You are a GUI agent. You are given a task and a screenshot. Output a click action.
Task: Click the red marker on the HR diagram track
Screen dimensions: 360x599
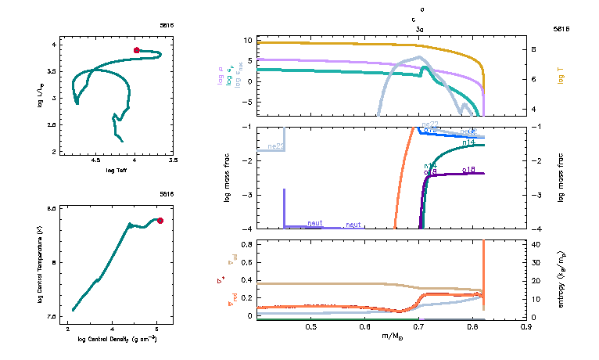(x=137, y=50)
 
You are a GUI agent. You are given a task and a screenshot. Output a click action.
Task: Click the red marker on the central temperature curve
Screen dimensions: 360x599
(x=160, y=221)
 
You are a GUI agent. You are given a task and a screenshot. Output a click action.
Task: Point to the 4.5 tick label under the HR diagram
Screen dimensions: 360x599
(x=96, y=160)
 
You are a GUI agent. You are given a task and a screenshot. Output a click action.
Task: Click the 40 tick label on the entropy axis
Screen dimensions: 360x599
(x=538, y=244)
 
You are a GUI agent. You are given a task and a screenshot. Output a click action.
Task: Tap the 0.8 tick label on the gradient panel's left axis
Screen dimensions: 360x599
(x=246, y=244)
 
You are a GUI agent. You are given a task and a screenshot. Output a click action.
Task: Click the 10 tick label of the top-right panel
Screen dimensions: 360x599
(x=246, y=39)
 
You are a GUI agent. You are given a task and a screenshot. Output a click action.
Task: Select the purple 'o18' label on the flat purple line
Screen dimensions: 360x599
(x=469, y=169)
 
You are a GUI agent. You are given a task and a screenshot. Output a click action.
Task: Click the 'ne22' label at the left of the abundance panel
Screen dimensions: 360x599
(x=275, y=146)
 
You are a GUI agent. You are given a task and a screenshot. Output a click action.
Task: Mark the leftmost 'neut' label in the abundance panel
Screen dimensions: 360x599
(x=315, y=223)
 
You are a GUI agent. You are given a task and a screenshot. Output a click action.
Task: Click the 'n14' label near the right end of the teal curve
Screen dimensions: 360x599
(x=470, y=143)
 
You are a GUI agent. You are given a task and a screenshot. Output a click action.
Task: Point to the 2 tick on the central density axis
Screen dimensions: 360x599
(x=68, y=331)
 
